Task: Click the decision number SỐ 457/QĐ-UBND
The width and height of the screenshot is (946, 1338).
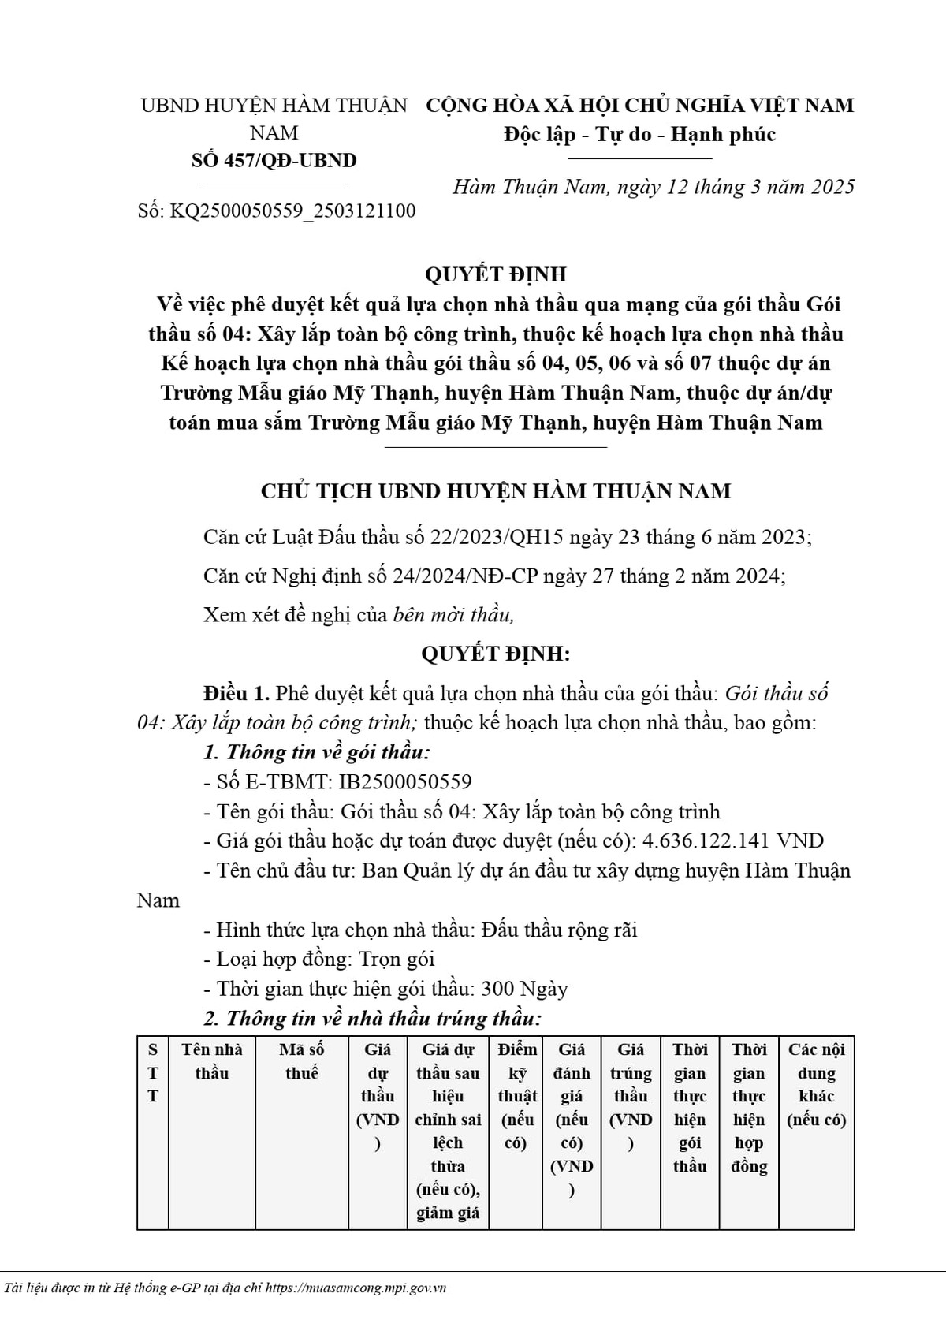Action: [x=274, y=160]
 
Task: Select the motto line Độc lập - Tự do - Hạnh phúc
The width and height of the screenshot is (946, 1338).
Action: [x=639, y=134]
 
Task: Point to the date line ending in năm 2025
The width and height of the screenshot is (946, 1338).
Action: [x=654, y=187]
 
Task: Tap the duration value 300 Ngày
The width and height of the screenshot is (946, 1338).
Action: [x=524, y=989]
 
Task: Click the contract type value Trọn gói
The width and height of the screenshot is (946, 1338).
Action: [x=397, y=960]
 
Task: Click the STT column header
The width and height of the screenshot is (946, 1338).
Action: [x=153, y=1073]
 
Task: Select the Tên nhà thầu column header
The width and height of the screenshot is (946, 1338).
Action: [x=212, y=1061]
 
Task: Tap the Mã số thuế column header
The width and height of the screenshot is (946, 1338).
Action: [x=302, y=1061]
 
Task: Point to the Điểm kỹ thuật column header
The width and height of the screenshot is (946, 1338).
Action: [x=517, y=1096]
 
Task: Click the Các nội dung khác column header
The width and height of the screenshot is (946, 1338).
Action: [x=816, y=1084]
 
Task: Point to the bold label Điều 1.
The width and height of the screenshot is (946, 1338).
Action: [x=236, y=694]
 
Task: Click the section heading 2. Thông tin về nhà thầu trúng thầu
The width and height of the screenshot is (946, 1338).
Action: [x=372, y=1019]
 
